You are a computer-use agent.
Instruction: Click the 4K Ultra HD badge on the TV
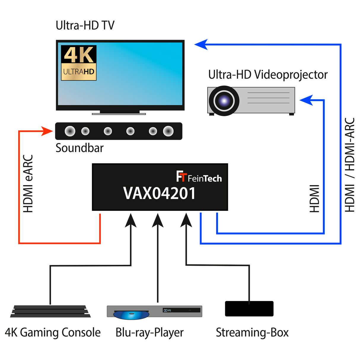click(79, 63)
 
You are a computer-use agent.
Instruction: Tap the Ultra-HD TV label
click(85, 26)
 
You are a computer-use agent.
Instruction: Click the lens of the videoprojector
click(224, 101)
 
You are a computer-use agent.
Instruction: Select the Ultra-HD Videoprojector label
click(268, 75)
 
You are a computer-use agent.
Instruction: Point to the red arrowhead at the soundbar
click(47, 131)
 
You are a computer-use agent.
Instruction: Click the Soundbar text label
click(79, 148)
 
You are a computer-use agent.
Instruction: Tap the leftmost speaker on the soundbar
click(70, 131)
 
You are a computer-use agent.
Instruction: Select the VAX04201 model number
click(159, 194)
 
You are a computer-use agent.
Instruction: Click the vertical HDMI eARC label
click(28, 184)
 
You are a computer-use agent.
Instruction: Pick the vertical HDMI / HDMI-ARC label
click(350, 165)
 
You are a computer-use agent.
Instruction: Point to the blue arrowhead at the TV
click(201, 44)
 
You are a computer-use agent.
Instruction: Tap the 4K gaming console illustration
click(50, 311)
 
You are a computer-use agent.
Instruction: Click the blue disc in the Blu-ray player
click(131, 315)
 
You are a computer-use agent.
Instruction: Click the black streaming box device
click(249, 309)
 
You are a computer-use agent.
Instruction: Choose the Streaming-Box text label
click(252, 333)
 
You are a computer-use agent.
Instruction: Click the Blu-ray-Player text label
click(149, 333)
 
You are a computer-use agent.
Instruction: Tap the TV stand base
click(119, 113)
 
